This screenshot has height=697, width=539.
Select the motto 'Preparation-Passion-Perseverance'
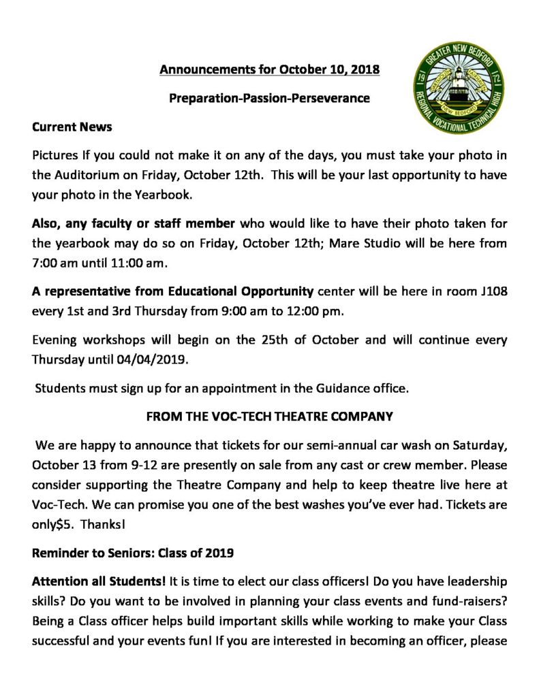point(269,98)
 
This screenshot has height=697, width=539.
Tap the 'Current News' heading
point(72,127)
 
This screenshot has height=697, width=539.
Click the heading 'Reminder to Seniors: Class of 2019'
point(133,553)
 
